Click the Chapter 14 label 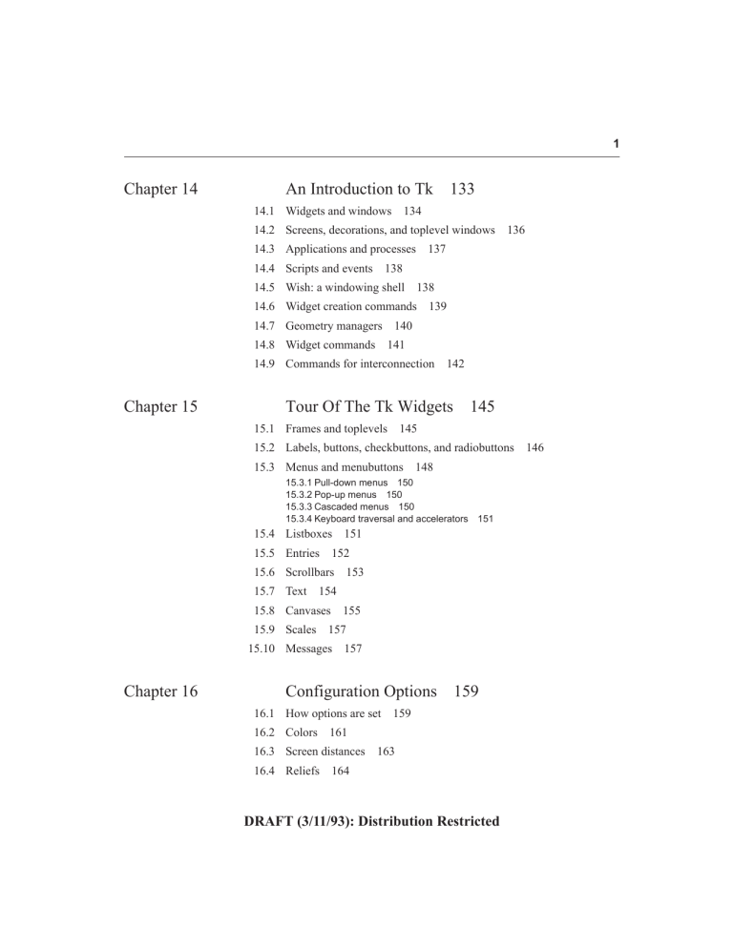pyautogui.click(x=161, y=189)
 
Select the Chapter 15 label pyautogui.click(x=161, y=406)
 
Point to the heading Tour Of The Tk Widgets pyautogui.click(x=369, y=406)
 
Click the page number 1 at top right pyautogui.click(x=617, y=143)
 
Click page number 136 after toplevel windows pyautogui.click(x=516, y=230)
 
